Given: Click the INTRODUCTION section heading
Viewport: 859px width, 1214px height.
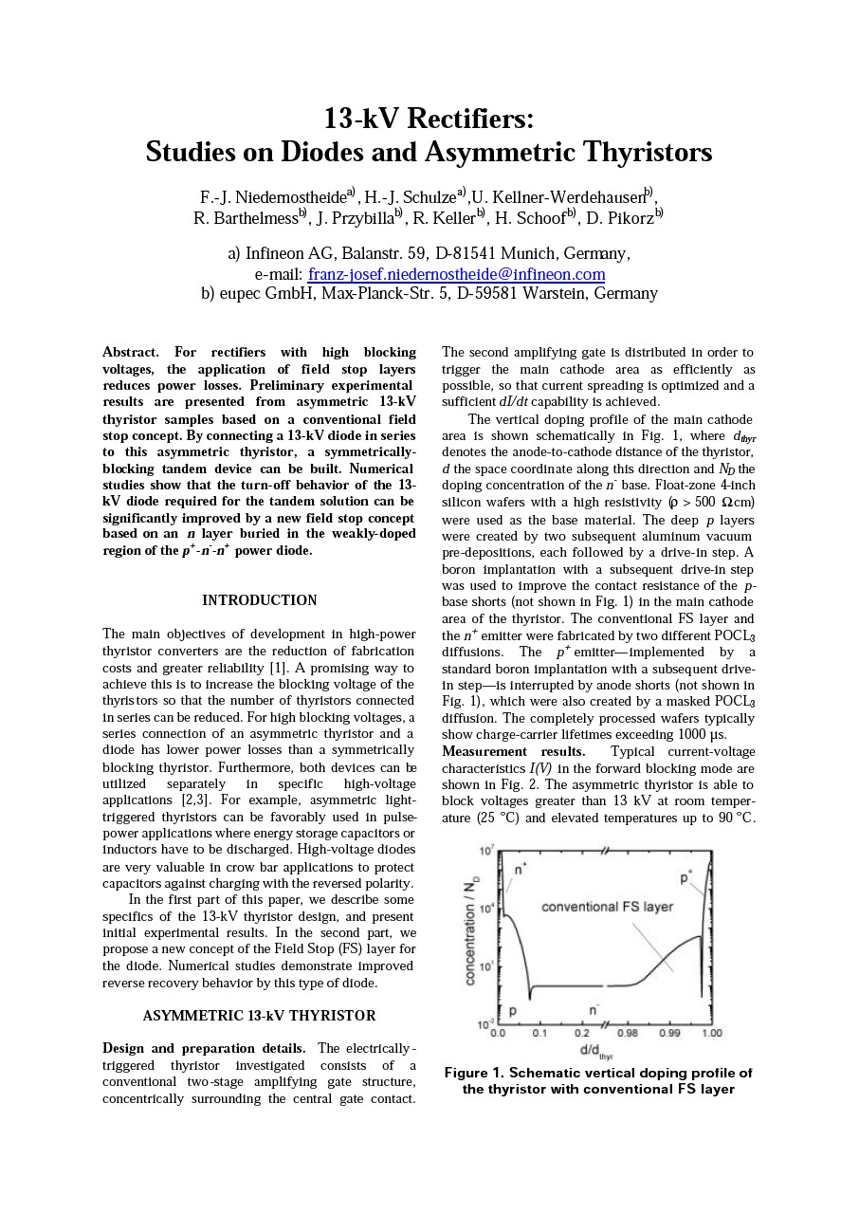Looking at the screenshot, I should (x=259, y=600).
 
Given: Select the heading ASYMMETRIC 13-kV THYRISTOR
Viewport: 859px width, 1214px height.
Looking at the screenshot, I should (x=259, y=1016).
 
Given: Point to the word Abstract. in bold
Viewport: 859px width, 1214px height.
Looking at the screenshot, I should (x=131, y=353).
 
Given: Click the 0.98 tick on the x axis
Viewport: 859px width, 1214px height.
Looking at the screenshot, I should (x=628, y=1033).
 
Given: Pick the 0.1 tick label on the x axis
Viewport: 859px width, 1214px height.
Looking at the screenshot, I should (x=539, y=1033).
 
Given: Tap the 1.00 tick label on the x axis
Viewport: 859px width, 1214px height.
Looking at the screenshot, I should (x=711, y=1033).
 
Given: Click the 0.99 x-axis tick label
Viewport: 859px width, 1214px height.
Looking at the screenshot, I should (x=669, y=1033).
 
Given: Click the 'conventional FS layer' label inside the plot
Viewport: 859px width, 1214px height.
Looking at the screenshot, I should (x=607, y=907).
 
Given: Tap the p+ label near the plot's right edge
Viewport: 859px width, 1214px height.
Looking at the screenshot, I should (x=685, y=877).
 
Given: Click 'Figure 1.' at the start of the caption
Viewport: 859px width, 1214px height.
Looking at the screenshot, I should (x=474, y=1073).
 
